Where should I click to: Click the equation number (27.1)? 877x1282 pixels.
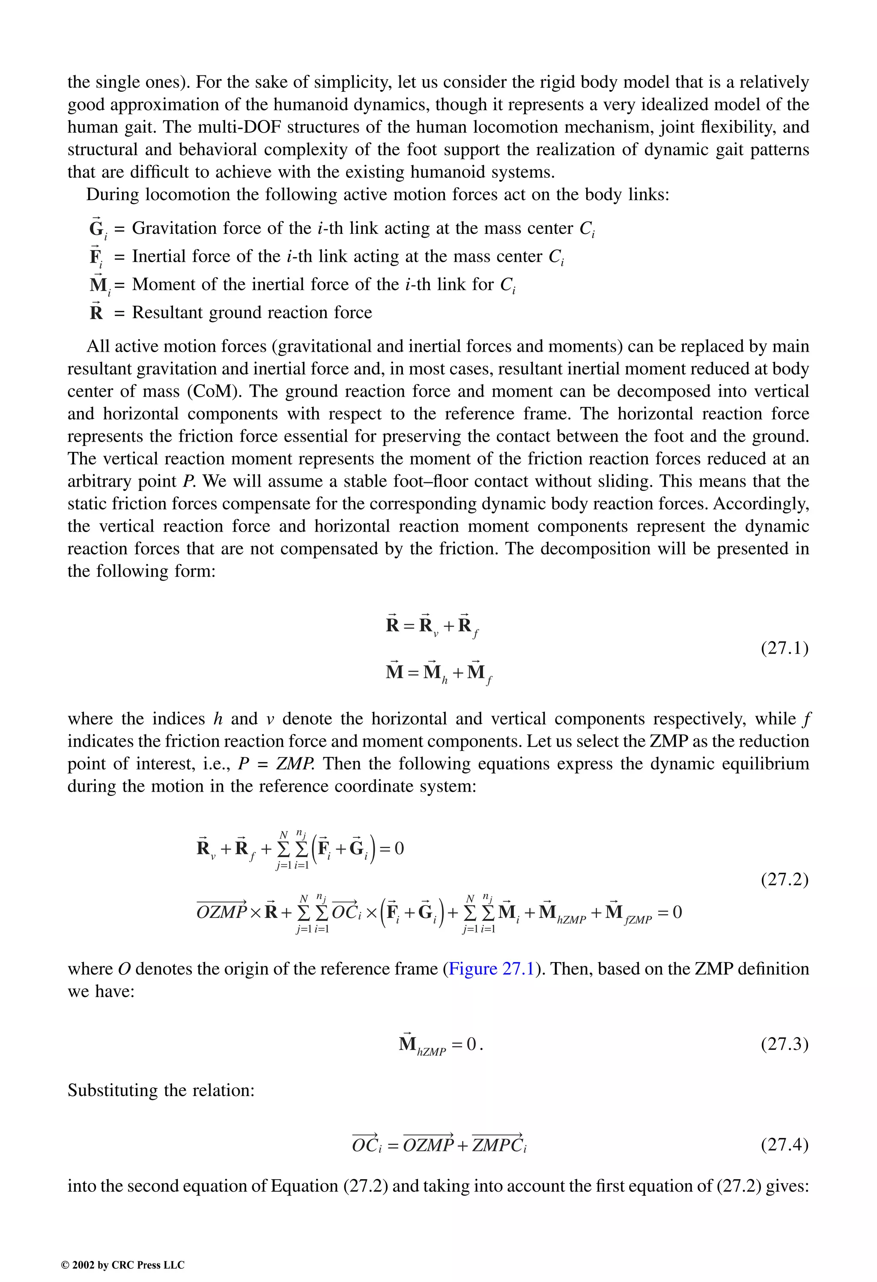click(x=785, y=648)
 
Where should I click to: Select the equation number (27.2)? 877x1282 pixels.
click(x=785, y=879)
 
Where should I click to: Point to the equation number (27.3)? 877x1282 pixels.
click(x=785, y=1044)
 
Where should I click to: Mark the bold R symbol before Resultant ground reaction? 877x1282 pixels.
click(x=96, y=313)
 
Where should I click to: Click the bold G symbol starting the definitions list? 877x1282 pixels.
click(x=96, y=228)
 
